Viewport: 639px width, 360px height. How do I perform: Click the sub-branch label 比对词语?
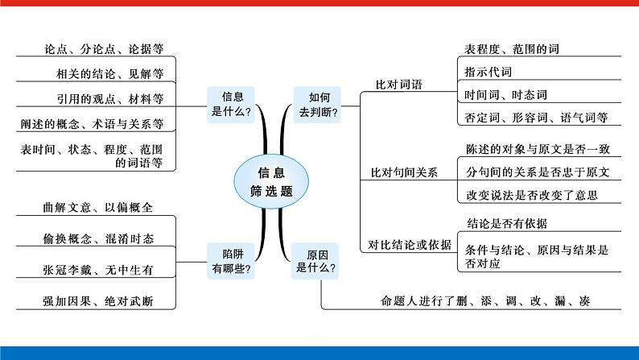coord(398,84)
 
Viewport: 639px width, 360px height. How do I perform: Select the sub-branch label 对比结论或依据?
coord(410,245)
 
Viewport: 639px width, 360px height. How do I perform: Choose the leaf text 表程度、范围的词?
coord(512,49)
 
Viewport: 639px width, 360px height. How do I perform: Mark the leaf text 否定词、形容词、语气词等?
coord(535,118)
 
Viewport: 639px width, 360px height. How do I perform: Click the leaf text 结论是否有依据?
coord(507,223)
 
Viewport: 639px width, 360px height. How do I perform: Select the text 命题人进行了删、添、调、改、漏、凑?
coord(491,302)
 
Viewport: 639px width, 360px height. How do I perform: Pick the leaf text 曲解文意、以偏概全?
coord(98,208)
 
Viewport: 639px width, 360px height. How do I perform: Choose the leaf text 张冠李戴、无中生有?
coord(98,271)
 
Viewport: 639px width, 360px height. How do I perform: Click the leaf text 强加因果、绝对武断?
coord(98,302)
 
